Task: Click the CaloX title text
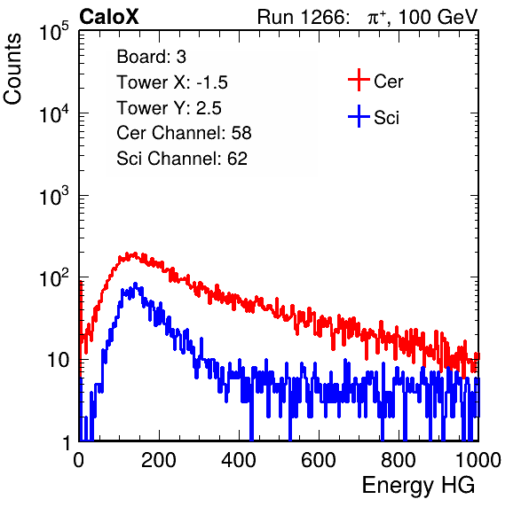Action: point(109,17)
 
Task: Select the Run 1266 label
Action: point(303,17)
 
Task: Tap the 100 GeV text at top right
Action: point(438,17)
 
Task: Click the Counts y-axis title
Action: point(12,69)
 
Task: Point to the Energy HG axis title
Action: point(418,485)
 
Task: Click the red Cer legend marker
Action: point(359,80)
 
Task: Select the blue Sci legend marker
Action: point(359,116)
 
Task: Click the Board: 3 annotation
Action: point(151,57)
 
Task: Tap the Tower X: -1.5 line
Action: point(172,82)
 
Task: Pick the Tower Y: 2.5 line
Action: point(169,108)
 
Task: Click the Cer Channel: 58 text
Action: point(184,133)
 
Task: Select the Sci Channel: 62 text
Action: point(182,159)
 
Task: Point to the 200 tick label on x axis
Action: point(159,460)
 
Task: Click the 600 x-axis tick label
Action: point(319,460)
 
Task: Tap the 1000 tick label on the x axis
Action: point(478,460)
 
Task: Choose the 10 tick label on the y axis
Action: point(58,360)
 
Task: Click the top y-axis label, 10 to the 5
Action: point(54,31)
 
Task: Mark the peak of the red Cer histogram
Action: point(135,253)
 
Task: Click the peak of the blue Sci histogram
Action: point(135,284)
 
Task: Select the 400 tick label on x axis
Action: point(239,460)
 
